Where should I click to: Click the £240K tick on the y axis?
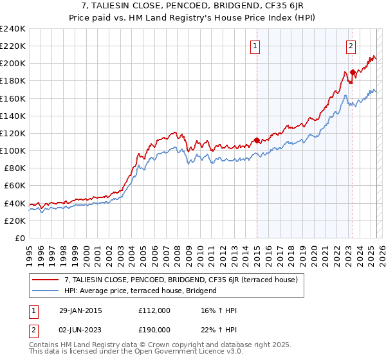[x=13, y=29]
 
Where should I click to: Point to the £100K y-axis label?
[x=13, y=150]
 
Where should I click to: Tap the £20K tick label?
[x=15, y=221]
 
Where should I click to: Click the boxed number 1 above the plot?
[x=255, y=46]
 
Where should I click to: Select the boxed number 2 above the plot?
[x=351, y=46]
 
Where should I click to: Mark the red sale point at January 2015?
[x=257, y=140]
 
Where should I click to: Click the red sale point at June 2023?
[x=353, y=72]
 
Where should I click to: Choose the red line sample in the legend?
[x=46, y=280]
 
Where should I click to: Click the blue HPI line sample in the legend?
[x=46, y=291]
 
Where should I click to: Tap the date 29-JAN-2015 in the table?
[x=77, y=310]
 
